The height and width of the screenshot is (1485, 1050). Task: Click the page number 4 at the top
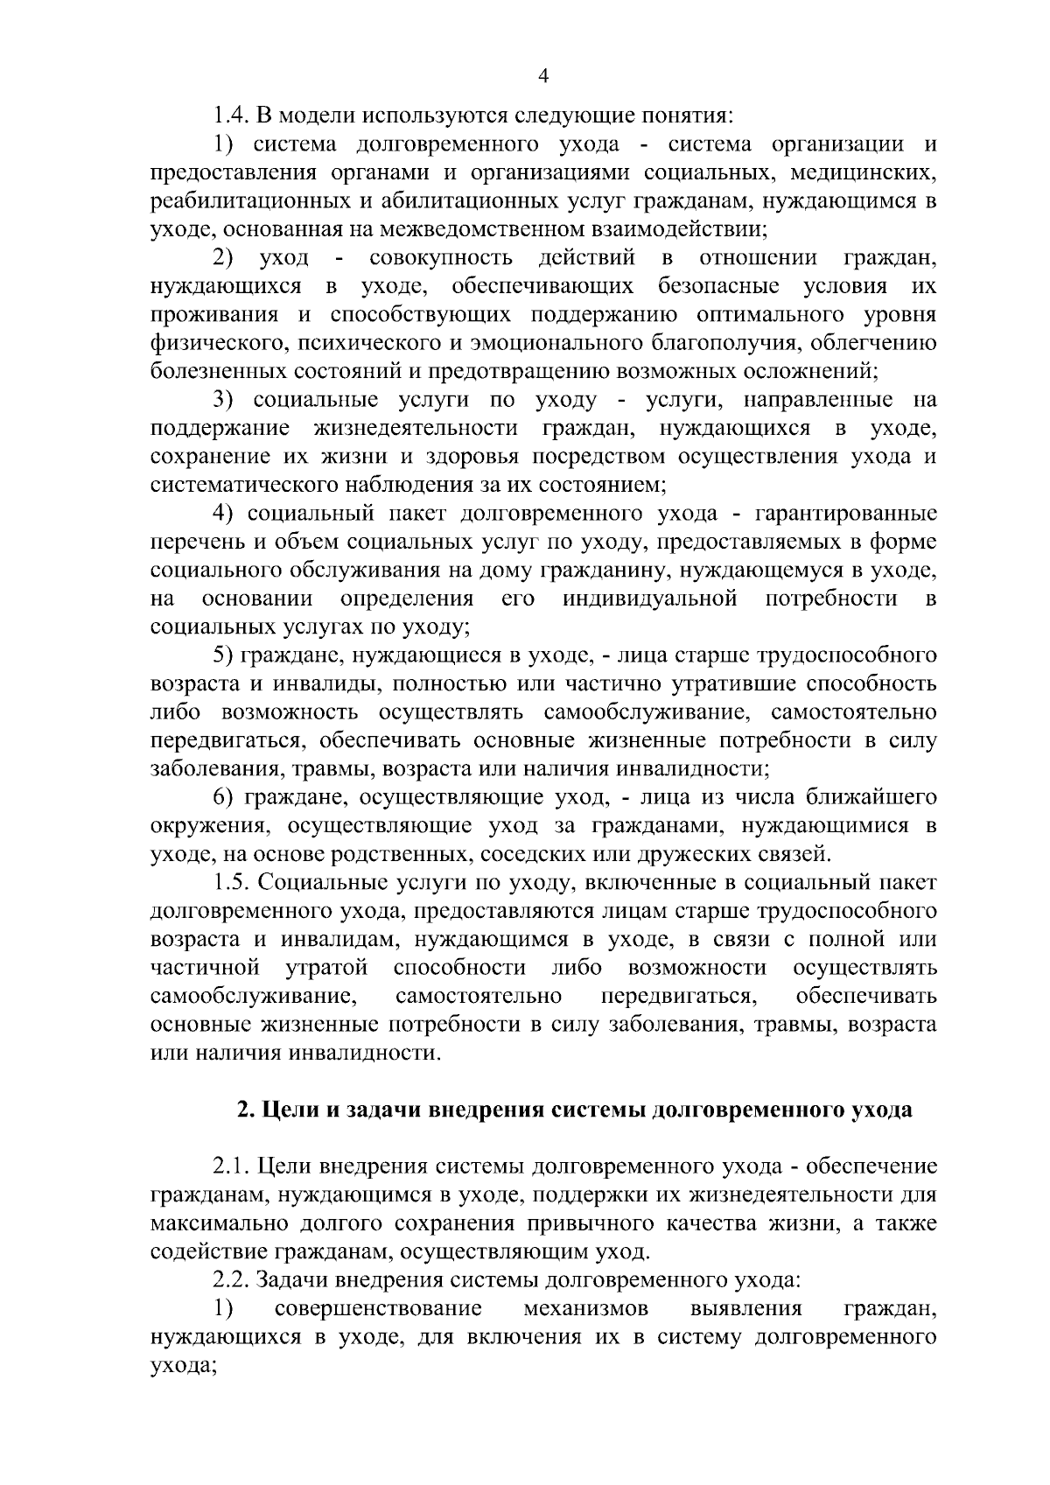tap(542, 77)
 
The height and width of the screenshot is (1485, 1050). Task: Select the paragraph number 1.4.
tap(231, 116)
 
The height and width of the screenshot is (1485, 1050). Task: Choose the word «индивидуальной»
tap(648, 599)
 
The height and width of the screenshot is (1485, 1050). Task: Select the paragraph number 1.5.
tap(231, 883)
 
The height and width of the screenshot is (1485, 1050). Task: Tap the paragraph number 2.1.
tap(231, 1167)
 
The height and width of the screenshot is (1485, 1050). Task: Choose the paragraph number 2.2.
tap(231, 1281)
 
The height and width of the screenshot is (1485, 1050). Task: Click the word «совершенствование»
tap(378, 1309)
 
